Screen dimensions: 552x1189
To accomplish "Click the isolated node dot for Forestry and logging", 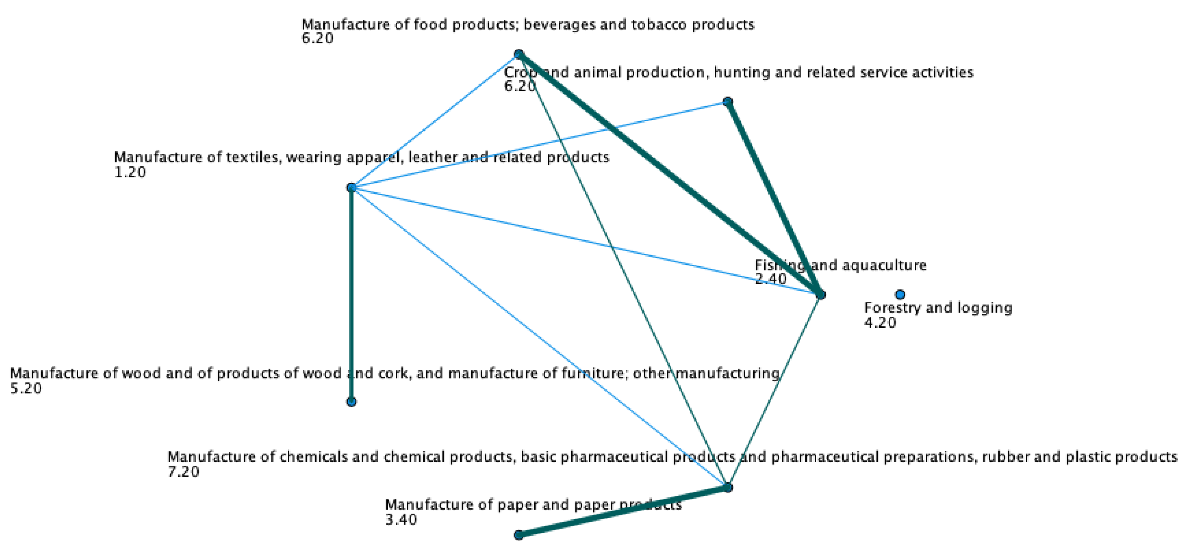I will click(899, 294).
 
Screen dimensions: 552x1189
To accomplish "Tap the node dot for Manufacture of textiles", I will click(352, 188).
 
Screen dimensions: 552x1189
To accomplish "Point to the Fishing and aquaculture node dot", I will click(820, 295).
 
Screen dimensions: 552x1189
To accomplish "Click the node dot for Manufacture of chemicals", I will click(727, 487).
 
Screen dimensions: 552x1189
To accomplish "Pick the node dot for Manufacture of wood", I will click(351, 402).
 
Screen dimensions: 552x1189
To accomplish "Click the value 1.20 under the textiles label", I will click(130, 172).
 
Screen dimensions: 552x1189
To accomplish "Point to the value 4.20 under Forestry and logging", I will click(880, 323).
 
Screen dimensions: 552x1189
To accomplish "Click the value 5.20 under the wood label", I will click(26, 388).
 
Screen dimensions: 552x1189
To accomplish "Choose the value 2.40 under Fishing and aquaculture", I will click(770, 279).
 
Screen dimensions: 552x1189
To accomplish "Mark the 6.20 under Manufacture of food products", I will click(317, 38).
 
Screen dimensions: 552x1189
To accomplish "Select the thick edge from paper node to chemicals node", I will click(623, 511).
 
